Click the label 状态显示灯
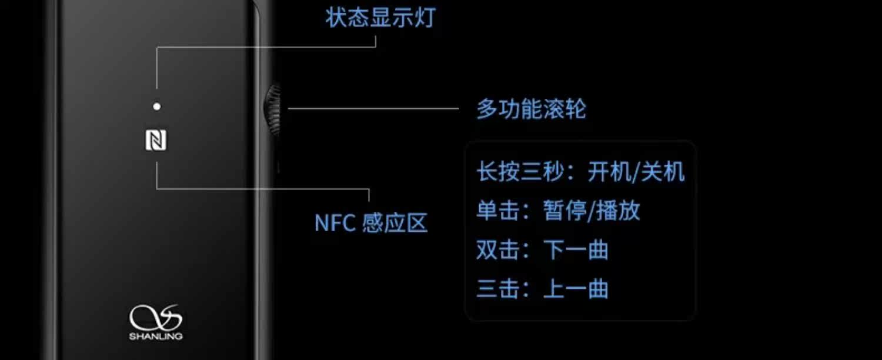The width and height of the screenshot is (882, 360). pos(380,18)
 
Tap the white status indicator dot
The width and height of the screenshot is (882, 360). pos(156,106)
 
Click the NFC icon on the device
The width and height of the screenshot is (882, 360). pos(156,141)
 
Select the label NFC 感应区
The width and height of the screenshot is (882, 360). pos(371,223)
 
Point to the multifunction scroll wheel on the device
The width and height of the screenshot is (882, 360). pos(273,109)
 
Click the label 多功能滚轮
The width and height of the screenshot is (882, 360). pos(531,109)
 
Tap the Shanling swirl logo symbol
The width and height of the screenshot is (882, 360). pos(156,318)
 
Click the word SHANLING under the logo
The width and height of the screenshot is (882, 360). pos(156,336)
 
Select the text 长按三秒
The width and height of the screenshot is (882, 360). pos(521,172)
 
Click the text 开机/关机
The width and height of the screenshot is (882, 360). pos(636,172)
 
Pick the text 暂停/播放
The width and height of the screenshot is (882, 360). pos(592,211)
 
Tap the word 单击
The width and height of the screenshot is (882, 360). pos(497,211)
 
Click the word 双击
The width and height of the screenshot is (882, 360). pos(497,251)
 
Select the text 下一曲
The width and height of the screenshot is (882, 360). pos(576,251)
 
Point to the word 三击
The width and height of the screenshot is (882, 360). pos(497,289)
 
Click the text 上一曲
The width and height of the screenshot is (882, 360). pos(576,289)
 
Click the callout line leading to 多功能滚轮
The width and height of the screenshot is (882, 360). pos(373,109)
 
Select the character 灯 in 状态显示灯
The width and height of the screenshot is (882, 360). pos(425,18)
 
